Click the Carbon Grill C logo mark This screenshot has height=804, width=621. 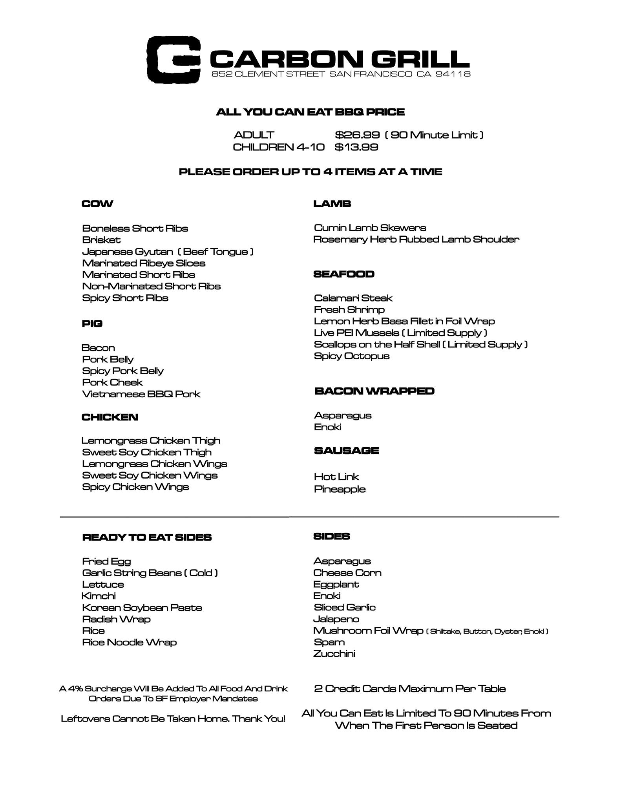click(173, 60)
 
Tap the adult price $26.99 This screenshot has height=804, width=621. click(357, 135)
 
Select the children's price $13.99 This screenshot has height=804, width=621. click(356, 147)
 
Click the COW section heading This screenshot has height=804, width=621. click(97, 204)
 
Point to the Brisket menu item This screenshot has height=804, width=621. click(101, 240)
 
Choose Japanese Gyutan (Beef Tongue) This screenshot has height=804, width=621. click(168, 252)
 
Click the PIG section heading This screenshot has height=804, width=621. click(92, 323)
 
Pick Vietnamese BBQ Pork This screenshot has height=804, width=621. click(141, 394)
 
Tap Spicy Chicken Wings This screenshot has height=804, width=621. click(135, 487)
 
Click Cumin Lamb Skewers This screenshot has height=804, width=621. click(370, 228)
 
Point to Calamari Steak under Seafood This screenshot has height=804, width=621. click(353, 298)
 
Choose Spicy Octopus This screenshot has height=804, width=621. click(352, 356)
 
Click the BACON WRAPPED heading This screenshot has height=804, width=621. click(374, 391)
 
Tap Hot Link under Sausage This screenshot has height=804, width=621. click(336, 477)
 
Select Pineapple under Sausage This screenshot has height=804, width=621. click(340, 489)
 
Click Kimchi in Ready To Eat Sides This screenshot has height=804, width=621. click(99, 596)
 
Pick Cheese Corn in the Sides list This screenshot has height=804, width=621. click(347, 573)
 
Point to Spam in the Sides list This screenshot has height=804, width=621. click(329, 642)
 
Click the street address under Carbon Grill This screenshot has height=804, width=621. click(341, 74)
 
